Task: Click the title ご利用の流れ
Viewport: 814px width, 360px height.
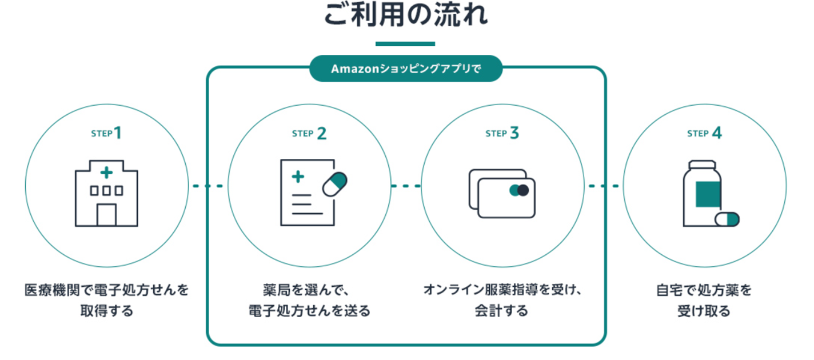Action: point(406,15)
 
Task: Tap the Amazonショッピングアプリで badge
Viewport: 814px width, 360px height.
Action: point(406,69)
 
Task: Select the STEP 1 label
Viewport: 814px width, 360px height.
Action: point(106,133)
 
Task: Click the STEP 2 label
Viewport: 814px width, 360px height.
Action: point(309,133)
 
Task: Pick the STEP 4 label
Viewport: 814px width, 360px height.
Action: point(704,133)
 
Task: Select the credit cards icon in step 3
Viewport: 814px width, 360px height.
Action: point(502,193)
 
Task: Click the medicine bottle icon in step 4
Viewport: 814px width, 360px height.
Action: point(703,193)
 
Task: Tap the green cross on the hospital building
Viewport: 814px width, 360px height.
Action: point(106,173)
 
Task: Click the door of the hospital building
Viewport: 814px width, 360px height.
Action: point(106,215)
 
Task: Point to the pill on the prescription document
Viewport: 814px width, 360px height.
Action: point(335,183)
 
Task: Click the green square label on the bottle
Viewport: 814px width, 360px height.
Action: point(708,193)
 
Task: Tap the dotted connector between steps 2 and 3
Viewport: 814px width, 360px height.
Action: point(406,186)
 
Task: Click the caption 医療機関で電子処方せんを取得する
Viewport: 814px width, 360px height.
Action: point(106,300)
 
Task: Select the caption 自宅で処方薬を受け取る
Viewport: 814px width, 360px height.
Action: point(704,300)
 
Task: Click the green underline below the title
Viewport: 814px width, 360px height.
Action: point(405,43)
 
